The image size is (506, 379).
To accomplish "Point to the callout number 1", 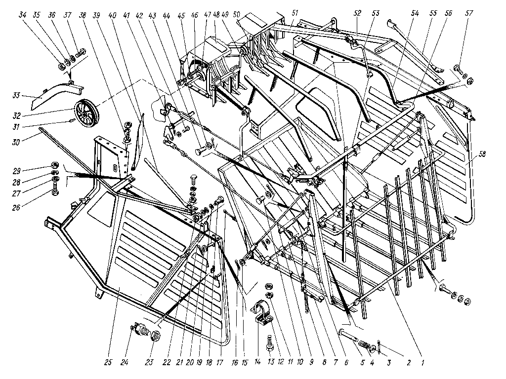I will [x=422, y=362].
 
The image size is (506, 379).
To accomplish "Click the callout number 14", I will [x=257, y=362].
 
